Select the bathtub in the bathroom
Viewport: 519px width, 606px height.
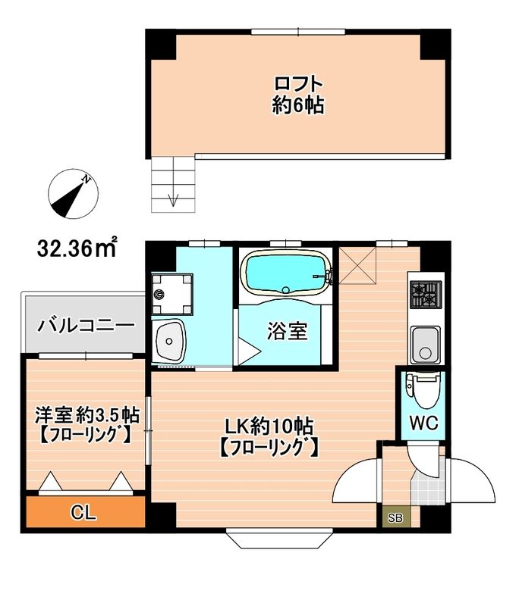tap(286, 273)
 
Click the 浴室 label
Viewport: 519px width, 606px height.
tap(288, 331)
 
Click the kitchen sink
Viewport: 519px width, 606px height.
tap(425, 345)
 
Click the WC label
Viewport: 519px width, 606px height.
tap(424, 423)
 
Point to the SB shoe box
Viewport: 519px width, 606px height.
tap(396, 518)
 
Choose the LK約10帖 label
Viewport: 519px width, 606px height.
tap(269, 436)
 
